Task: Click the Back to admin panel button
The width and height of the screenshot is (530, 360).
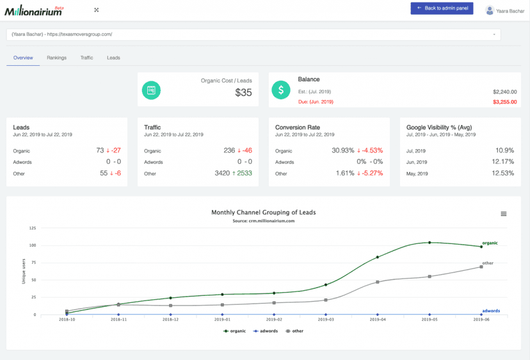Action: click(x=442, y=8)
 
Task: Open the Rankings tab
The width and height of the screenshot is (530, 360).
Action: click(x=56, y=58)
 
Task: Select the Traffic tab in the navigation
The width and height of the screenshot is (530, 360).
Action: click(x=86, y=58)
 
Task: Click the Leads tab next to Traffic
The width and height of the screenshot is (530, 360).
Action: click(x=113, y=58)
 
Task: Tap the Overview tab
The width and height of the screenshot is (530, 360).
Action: click(x=23, y=58)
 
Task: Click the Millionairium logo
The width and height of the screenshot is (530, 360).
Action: click(x=33, y=11)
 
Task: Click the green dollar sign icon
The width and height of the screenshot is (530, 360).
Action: click(x=281, y=90)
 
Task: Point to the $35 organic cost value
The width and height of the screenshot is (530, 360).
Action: click(x=243, y=93)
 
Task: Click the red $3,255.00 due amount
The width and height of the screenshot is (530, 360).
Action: click(x=504, y=102)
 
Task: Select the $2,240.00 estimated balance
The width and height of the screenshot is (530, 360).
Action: click(x=504, y=92)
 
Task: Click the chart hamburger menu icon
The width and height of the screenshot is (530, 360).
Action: click(x=503, y=214)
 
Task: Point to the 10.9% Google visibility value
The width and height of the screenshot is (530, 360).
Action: click(x=504, y=151)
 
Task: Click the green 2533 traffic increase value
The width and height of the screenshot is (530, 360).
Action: click(x=243, y=174)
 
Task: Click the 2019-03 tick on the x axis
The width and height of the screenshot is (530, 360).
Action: click(x=326, y=319)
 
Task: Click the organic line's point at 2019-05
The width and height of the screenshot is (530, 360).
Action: click(x=430, y=242)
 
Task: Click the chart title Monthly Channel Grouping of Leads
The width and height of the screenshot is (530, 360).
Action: click(x=263, y=213)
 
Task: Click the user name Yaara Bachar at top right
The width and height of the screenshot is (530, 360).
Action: click(x=510, y=11)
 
